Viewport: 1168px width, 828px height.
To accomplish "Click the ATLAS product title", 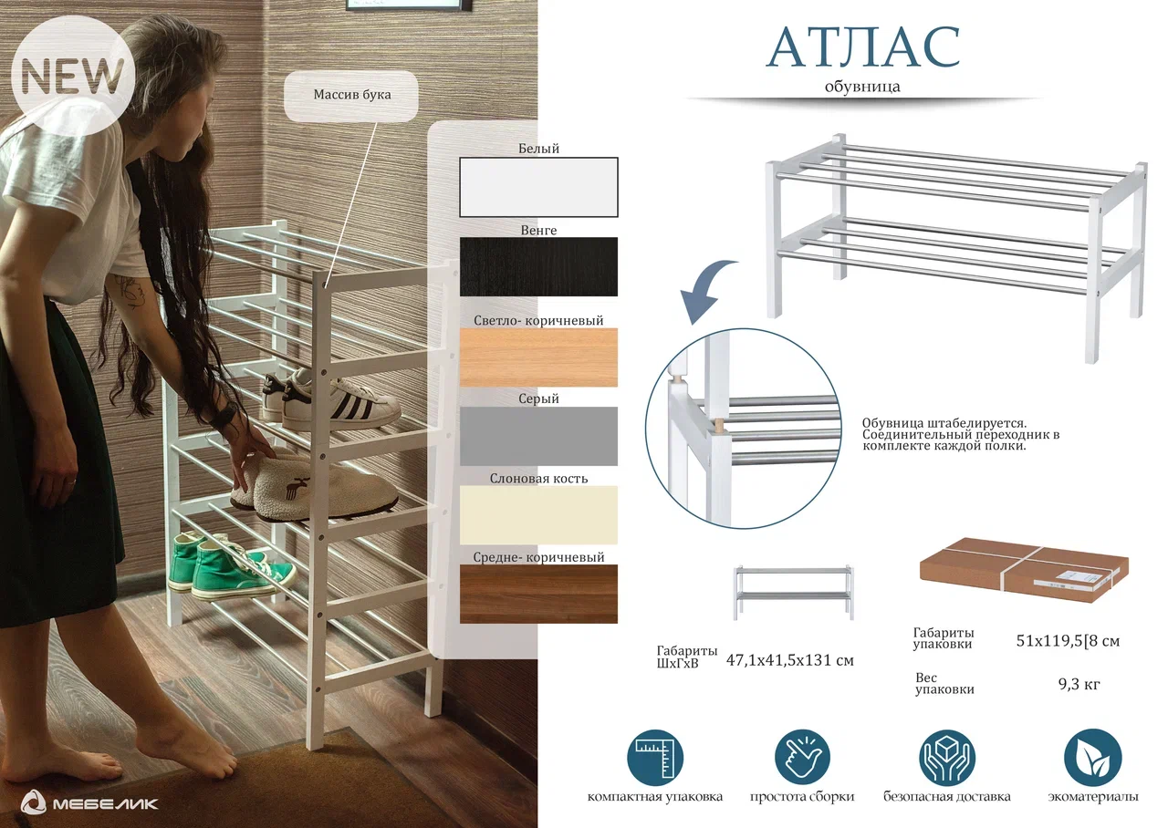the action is coord(863,47).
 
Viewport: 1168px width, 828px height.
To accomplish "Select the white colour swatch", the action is coord(538,187).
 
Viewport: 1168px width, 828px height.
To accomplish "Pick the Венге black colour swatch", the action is coord(538,267).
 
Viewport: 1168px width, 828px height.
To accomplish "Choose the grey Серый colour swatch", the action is coord(538,436).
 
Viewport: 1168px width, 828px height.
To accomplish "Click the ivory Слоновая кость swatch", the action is coord(538,515).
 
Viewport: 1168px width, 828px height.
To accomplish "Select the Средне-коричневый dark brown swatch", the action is coord(538,594).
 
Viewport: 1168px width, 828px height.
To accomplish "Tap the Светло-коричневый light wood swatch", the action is coord(538,357).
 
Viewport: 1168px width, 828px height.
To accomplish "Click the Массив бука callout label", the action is coord(351,96).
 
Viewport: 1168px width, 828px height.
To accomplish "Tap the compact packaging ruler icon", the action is coord(654,758).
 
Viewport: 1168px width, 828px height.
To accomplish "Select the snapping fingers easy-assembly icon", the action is coord(802,758).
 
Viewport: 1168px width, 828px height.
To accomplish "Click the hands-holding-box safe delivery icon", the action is coord(946,758).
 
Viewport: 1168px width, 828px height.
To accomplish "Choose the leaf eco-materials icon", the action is coord(1092,758).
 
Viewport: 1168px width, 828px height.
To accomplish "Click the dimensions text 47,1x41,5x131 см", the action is coord(790,661).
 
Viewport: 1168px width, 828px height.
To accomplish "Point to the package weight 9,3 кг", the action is coord(1079,684).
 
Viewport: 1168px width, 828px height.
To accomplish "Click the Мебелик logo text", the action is coord(105,803).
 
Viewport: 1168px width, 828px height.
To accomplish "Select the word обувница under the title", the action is coord(862,87).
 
